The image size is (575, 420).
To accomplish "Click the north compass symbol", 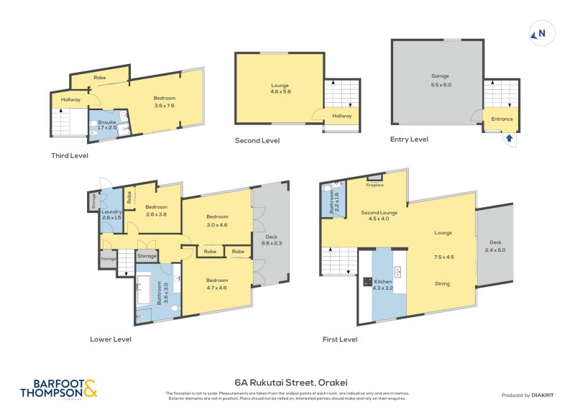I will pyautogui.click(x=538, y=33).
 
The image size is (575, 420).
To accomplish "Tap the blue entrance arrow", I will pyautogui.click(x=510, y=137).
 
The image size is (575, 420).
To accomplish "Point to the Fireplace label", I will pyautogui.click(x=375, y=184).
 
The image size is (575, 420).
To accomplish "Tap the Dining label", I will pyautogui.click(x=442, y=283).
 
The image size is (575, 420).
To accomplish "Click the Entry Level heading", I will pyautogui.click(x=409, y=140).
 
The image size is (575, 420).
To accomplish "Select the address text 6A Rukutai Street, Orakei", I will pyautogui.click(x=286, y=383).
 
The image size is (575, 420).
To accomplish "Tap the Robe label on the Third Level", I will pyautogui.click(x=100, y=76).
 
